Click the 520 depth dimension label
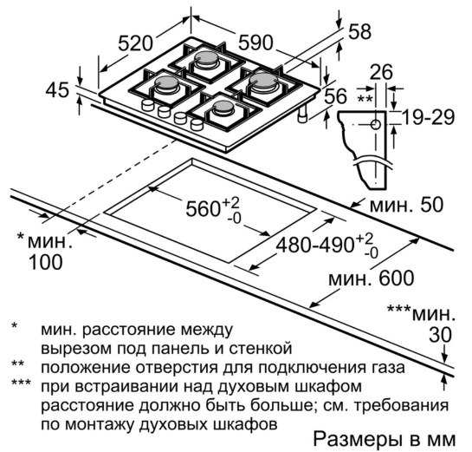pos(135,43)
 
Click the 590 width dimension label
pos(255,43)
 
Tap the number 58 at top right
pos(359,31)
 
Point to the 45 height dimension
pos(57,90)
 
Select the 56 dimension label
pos(336,96)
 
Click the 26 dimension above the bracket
pos(381,72)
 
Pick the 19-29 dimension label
pos(429,117)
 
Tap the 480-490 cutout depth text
pos(315,245)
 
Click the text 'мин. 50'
pos(407,205)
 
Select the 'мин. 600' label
pos(372,278)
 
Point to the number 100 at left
pos(45,262)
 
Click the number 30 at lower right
pos(441,335)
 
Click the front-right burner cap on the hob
pos(223,107)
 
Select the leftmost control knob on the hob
pos(147,106)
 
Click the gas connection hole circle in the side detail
pos(376,124)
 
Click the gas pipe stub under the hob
pos(302,114)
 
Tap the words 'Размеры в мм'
pos(385,439)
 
